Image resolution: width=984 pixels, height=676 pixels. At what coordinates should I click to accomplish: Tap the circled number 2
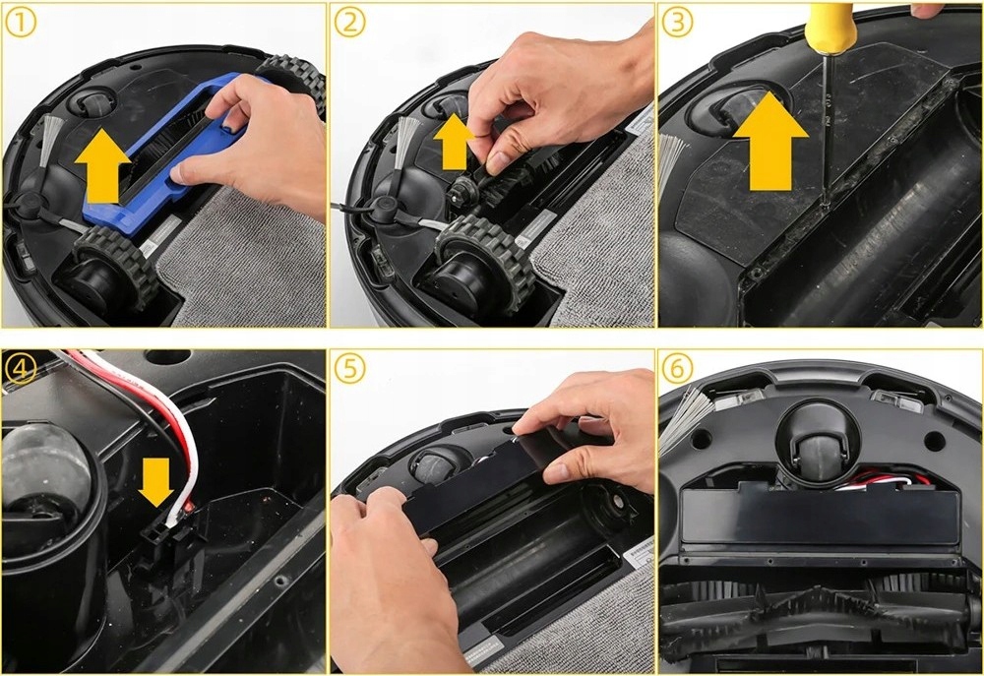coord(349,22)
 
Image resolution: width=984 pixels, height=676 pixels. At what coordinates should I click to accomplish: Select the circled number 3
coord(677,22)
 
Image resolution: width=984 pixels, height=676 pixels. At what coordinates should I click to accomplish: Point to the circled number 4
coord(20,368)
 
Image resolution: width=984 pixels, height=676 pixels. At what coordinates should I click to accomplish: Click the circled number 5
coord(349,368)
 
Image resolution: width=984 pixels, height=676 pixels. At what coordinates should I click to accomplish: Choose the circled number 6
coord(677,368)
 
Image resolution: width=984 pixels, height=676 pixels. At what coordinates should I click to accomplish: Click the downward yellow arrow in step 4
coord(156,481)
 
